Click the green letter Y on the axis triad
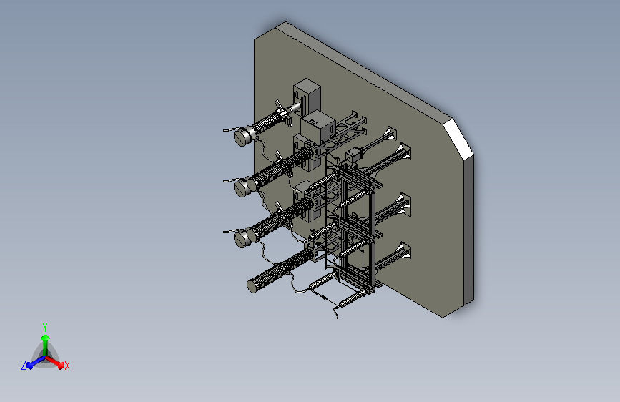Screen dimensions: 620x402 pyautogui.click(x=45, y=327)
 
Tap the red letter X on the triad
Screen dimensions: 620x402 pyautogui.click(x=67, y=366)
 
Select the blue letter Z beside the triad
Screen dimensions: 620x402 pyautogui.click(x=24, y=366)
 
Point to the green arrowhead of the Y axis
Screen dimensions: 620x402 pyautogui.click(x=45, y=338)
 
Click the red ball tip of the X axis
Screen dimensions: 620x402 pyautogui.click(x=61, y=366)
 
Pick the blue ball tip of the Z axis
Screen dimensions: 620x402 pyautogui.click(x=29, y=366)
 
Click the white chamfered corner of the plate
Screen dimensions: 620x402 pyautogui.click(x=458, y=139)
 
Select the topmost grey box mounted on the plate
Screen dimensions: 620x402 pyautogui.click(x=307, y=97)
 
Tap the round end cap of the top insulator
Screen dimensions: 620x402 pyautogui.click(x=242, y=136)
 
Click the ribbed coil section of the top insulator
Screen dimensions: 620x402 pyautogui.click(x=267, y=122)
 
